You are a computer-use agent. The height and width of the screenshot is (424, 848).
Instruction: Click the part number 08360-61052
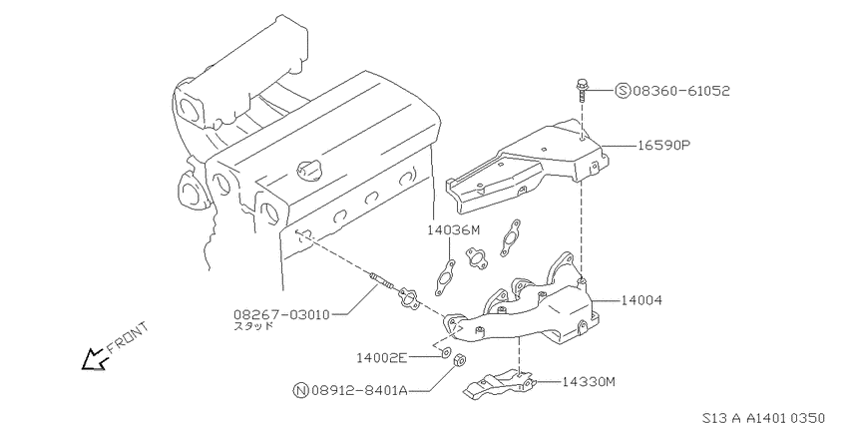[680, 91]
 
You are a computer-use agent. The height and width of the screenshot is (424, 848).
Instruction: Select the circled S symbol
[623, 91]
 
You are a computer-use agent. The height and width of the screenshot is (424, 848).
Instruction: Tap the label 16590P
[664, 146]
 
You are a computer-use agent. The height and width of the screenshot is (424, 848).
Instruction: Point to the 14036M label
[453, 230]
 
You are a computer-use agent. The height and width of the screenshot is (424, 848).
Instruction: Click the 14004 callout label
[640, 300]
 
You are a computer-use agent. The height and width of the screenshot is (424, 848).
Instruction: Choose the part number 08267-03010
[281, 314]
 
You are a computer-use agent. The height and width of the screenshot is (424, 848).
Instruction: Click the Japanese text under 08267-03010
[253, 326]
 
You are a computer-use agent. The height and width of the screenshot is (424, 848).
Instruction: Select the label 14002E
[382, 357]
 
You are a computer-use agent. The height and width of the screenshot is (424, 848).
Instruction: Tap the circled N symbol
[300, 390]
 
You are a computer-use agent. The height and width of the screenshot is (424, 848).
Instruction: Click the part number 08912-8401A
[359, 390]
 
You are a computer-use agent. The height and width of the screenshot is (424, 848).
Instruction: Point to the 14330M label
[589, 382]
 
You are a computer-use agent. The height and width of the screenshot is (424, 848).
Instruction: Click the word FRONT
[128, 337]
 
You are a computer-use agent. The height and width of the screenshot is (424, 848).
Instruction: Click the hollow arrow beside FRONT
[94, 359]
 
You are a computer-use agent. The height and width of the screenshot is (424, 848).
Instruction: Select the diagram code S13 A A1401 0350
[763, 417]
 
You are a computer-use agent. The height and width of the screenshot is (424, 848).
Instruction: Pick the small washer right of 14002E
[445, 354]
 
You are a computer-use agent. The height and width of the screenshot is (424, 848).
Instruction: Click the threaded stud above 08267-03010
[382, 283]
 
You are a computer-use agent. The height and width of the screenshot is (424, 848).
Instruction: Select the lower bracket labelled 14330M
[500, 385]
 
